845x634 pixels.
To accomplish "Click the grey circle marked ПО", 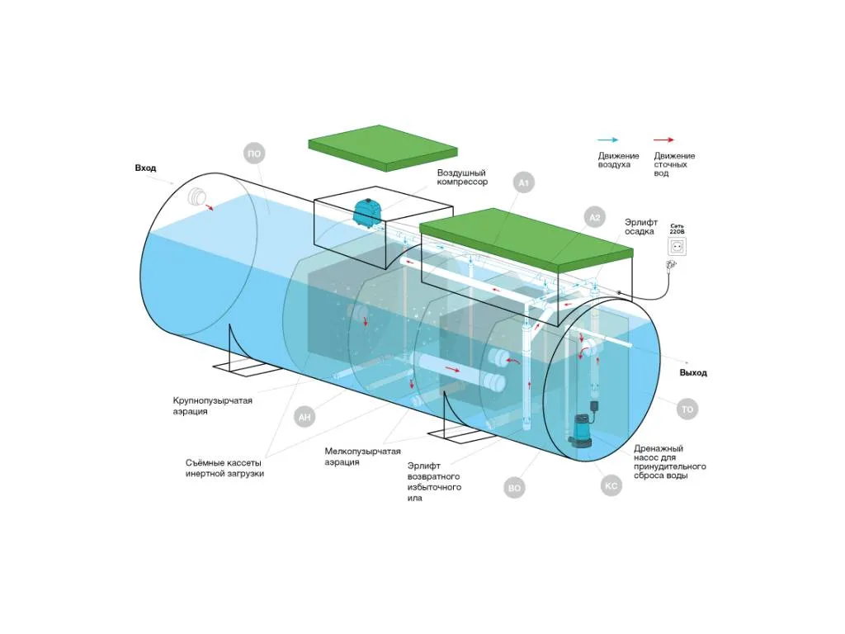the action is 254,154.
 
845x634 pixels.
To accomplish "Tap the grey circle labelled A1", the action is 523,182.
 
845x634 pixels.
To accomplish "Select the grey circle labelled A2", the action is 594,217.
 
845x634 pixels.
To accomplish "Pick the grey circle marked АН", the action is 304,417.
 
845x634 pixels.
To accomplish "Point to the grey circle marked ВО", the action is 515,488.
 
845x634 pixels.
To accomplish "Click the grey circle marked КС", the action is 611,485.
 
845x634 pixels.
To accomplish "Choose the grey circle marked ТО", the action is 687,409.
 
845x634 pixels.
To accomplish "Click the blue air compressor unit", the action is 367,212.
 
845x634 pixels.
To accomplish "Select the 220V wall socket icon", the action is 677,246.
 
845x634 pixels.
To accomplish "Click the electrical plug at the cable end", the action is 672,265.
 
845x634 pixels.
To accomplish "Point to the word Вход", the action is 145,168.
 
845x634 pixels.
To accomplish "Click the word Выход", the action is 693,372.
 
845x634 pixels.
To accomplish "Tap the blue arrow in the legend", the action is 608,140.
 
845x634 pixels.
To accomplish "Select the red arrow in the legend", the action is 663,140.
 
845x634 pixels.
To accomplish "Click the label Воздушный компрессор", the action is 462,177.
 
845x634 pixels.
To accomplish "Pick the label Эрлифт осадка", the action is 641,226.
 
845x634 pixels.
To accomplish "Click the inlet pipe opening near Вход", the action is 197,197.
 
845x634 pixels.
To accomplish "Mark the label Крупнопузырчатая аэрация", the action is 212,406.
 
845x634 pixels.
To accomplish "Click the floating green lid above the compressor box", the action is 383,148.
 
